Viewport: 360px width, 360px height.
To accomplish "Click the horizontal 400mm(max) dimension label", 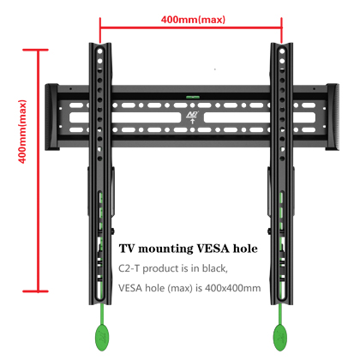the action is coord(193,20).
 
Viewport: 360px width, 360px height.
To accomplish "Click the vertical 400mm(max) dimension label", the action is coord(22,131).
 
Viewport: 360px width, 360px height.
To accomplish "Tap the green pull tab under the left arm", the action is coord(102,337).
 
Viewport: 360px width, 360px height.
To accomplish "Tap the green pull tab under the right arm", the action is coord(280,338).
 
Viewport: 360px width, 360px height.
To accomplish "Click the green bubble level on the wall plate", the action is coord(193,97).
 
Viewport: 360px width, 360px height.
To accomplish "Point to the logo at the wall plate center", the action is coord(192,115).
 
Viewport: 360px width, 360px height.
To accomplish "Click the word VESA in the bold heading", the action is coord(213,249).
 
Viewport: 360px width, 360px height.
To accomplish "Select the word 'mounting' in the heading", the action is coord(165,249).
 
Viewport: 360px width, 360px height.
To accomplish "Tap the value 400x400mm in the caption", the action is coord(233,288).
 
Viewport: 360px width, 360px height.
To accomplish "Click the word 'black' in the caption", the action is coord(215,268).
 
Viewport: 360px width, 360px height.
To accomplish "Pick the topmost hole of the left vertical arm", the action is coord(99,51).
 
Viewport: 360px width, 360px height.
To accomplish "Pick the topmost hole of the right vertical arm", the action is coord(282,51).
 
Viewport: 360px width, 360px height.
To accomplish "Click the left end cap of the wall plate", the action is coord(51,117).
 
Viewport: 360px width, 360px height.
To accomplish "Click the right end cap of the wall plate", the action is coord(333,117).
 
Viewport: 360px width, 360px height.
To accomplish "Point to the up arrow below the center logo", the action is coord(193,121).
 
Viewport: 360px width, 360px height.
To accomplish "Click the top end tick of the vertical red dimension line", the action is coord(35,50).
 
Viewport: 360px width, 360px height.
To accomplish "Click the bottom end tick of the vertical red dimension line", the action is coord(35,291).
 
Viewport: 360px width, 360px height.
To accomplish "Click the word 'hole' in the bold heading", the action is coord(245,249).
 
